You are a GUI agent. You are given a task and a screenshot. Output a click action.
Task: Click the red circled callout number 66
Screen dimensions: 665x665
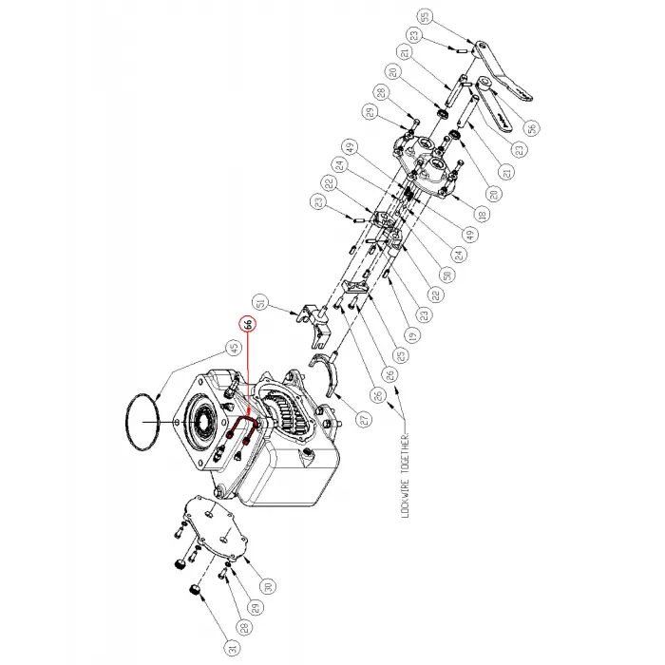(x=248, y=324)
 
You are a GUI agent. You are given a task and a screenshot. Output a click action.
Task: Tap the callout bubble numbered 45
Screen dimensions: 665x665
(x=231, y=349)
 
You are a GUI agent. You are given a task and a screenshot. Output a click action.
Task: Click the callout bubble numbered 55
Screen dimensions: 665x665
(x=424, y=16)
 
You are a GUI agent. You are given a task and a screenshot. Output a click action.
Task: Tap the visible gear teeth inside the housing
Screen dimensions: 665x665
(x=285, y=419)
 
